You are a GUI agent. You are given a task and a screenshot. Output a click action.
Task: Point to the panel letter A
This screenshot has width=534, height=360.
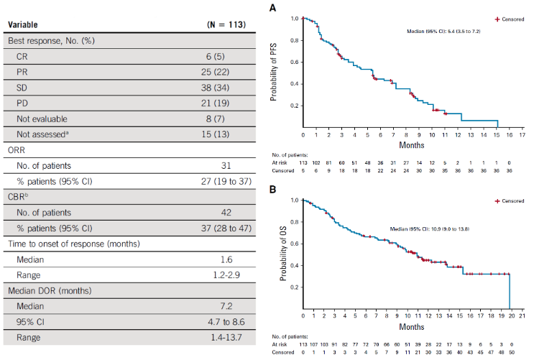click(x=272, y=8)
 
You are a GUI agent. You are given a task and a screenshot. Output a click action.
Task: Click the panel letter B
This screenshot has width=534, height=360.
click(x=272, y=189)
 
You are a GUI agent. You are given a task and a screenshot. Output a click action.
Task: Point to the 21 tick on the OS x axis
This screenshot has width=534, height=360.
click(x=523, y=316)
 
